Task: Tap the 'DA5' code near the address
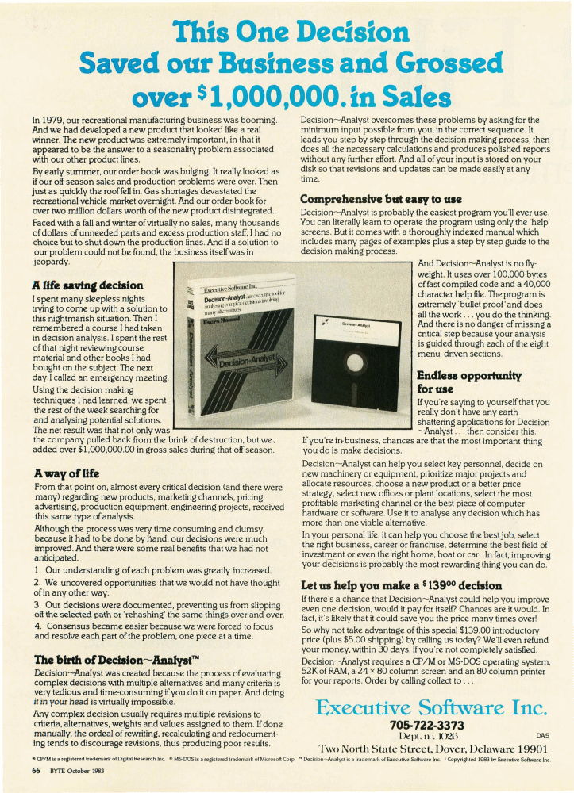[x=542, y=737]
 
